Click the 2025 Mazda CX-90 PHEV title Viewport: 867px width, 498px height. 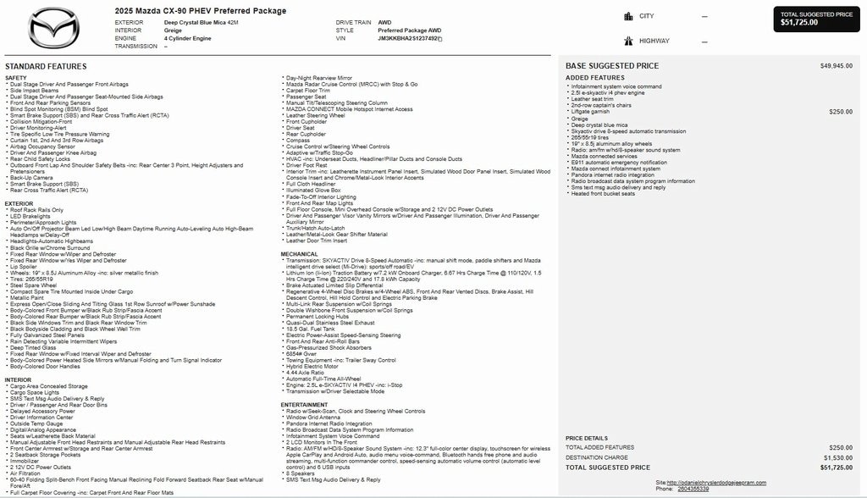point(200,11)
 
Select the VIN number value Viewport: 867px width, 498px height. point(408,38)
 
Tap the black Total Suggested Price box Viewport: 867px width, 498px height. point(816,19)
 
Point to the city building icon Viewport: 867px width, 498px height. point(628,16)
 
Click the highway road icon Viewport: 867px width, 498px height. point(628,41)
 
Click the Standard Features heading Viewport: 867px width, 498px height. point(46,66)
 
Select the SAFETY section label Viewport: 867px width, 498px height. point(16,78)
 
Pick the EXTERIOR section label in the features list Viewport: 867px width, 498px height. point(19,203)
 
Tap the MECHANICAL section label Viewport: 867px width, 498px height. point(300,253)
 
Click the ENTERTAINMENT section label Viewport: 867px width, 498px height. point(305,405)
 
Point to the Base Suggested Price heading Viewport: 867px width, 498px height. point(612,66)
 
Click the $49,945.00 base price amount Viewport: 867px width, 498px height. point(837,66)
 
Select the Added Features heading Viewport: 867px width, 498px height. point(595,78)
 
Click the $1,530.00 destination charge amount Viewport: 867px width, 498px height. point(837,457)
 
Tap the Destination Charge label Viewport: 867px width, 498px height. point(597,457)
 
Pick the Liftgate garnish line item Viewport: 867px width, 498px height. point(590,112)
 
